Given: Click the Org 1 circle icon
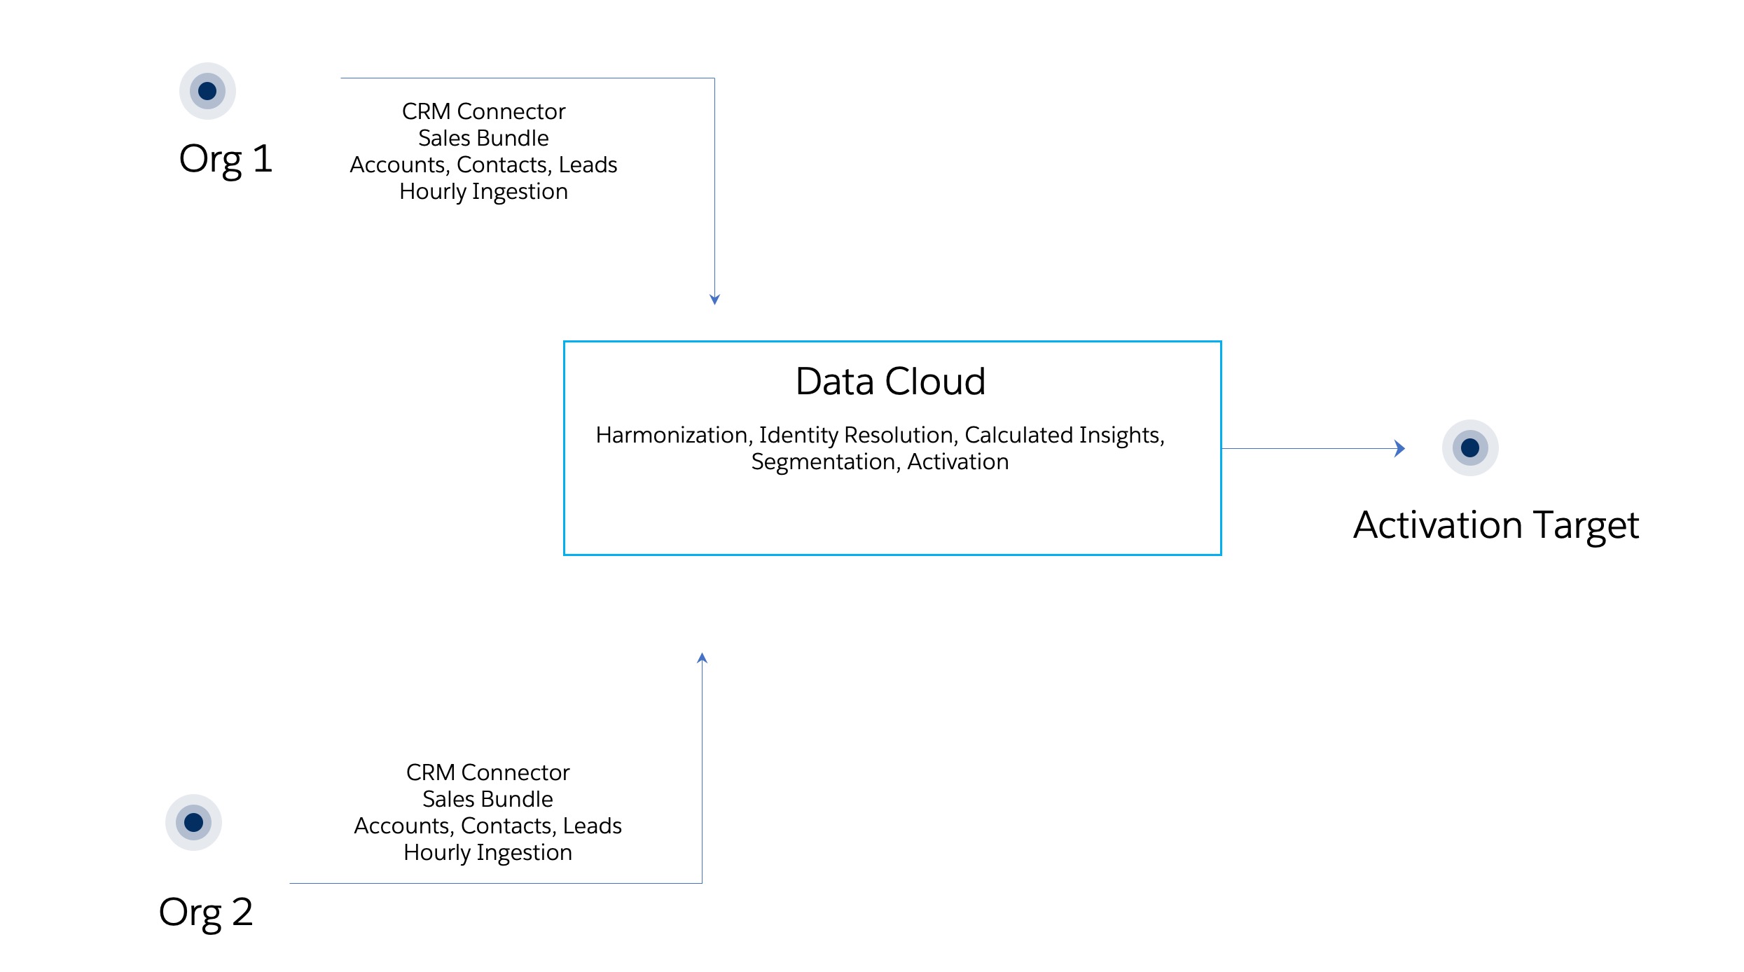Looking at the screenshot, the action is tap(207, 91).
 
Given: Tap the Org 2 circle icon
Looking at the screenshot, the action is tap(193, 822).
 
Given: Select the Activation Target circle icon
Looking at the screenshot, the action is tap(1470, 447).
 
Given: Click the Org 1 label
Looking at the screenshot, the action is tap(226, 160).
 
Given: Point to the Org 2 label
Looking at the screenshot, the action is tap(206, 912).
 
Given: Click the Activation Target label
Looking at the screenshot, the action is tap(1496, 525).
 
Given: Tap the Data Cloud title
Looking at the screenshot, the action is tap(890, 382).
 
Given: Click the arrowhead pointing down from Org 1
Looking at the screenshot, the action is tap(714, 300).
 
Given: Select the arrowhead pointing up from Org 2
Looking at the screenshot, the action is tap(702, 658).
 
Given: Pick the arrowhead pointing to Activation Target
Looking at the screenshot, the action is tap(1399, 448).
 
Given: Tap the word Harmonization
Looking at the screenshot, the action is tap(672, 436).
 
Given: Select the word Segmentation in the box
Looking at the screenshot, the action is tap(823, 462).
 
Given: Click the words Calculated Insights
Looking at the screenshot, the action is tap(1062, 436).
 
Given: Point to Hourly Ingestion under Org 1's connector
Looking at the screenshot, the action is tap(483, 192).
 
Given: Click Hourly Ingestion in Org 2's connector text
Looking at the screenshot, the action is tap(487, 853).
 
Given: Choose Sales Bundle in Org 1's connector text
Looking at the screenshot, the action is tap(483, 138).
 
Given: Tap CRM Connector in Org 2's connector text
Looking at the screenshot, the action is tap(487, 772).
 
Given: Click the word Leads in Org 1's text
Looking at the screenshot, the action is tap(588, 165).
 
